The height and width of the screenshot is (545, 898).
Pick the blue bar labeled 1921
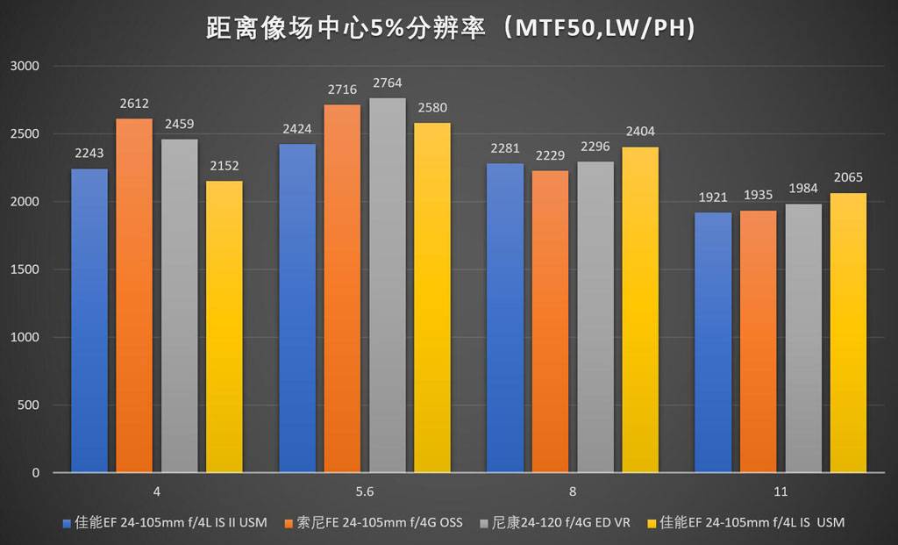click(x=713, y=342)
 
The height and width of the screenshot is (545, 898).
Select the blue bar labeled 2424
click(x=296, y=308)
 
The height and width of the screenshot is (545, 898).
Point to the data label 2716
click(x=342, y=90)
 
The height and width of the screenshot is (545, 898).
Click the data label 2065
click(x=849, y=178)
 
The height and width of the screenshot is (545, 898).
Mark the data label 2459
click(x=180, y=125)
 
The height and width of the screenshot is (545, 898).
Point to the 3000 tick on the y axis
click(x=25, y=66)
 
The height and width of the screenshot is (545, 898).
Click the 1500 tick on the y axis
click(x=25, y=269)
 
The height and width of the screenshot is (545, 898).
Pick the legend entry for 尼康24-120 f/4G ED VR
click(x=560, y=523)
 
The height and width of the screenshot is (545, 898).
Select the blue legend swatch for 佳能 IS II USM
click(x=67, y=524)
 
